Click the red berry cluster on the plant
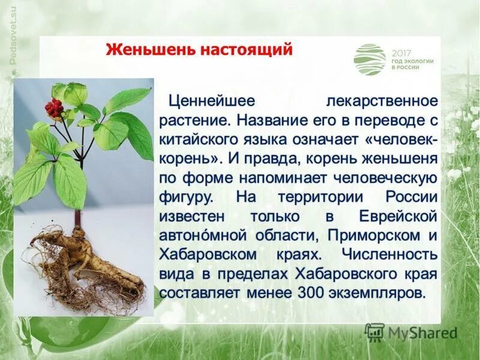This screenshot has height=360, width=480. point(54,108)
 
